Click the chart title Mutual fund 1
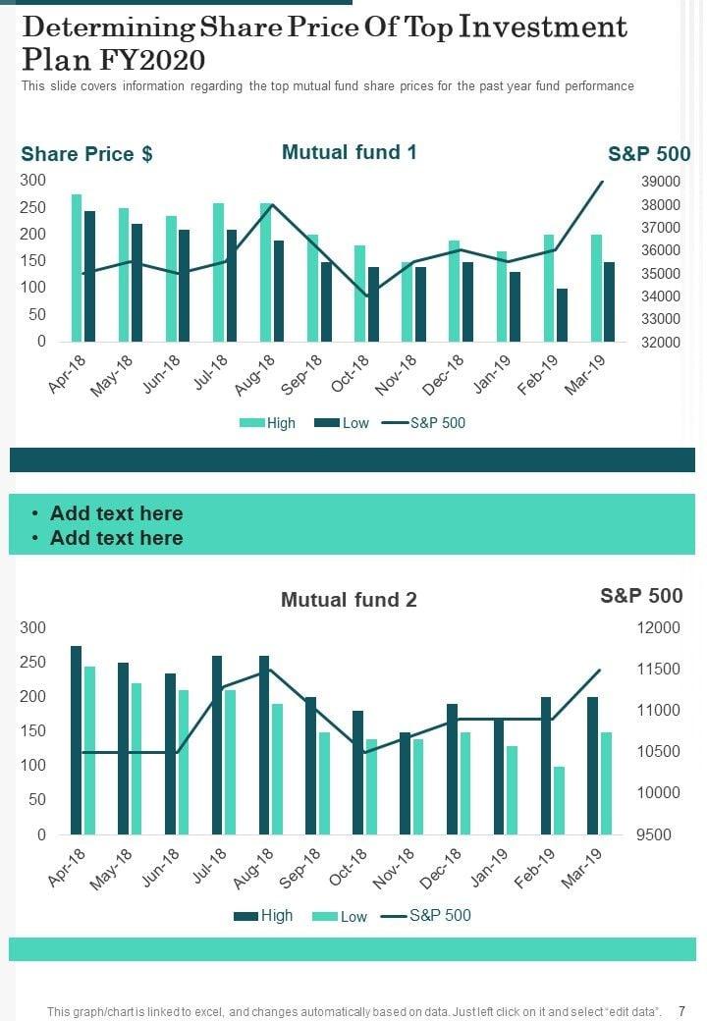pos(349,152)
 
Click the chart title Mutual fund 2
pos(349,600)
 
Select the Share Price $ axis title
pos(86,154)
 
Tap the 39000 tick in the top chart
pos(661,182)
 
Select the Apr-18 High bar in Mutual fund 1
pos(77,267)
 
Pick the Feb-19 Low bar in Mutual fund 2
pos(559,800)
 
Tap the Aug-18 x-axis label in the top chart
pos(255,376)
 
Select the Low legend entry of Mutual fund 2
pos(340,917)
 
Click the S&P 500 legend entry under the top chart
pos(424,423)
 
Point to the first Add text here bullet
pos(116,513)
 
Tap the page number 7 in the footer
pos(681,1010)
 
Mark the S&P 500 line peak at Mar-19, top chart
pos(603,182)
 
